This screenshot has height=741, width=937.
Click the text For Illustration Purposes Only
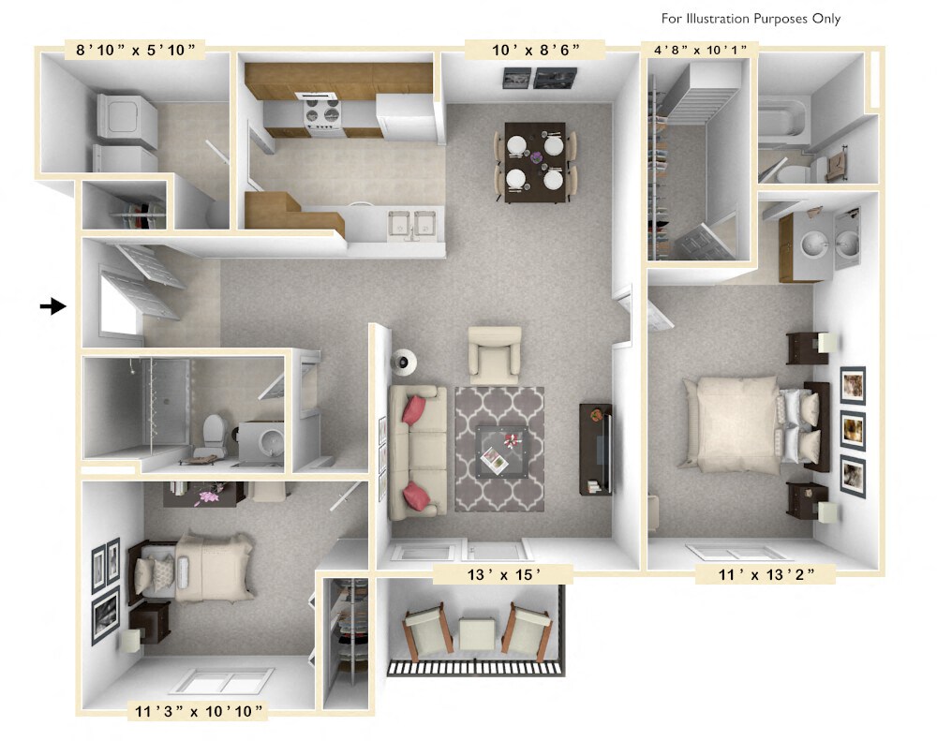click(751, 19)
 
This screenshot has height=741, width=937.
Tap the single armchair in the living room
click(494, 353)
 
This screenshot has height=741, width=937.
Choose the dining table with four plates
click(534, 161)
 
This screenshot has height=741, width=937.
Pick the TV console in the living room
click(596, 449)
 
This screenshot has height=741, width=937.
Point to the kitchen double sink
click(415, 224)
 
